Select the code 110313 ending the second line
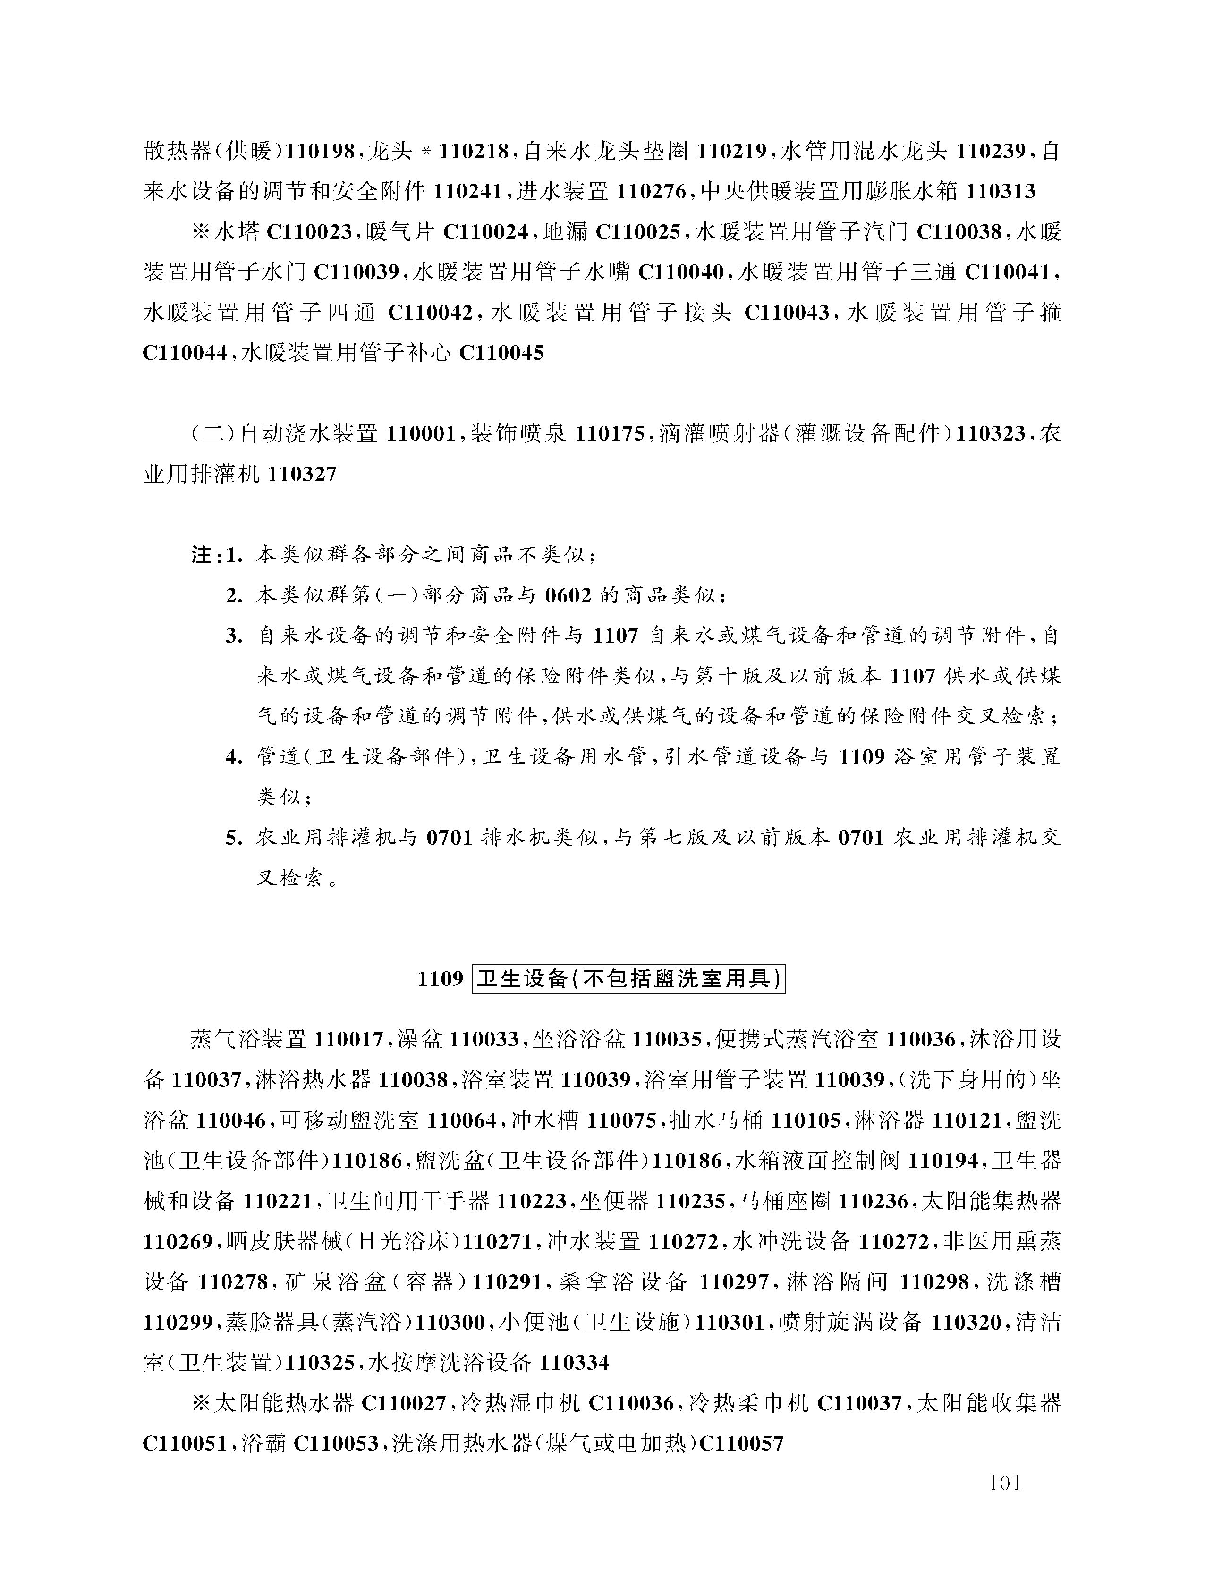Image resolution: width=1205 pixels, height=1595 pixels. (1000, 192)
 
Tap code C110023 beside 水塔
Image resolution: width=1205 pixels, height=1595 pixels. (309, 232)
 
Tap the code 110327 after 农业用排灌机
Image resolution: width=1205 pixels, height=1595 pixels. (301, 475)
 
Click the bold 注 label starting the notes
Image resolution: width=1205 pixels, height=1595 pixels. (202, 555)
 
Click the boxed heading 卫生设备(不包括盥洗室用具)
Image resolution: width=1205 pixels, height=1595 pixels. (628, 979)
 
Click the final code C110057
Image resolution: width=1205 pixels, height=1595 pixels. (741, 1443)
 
